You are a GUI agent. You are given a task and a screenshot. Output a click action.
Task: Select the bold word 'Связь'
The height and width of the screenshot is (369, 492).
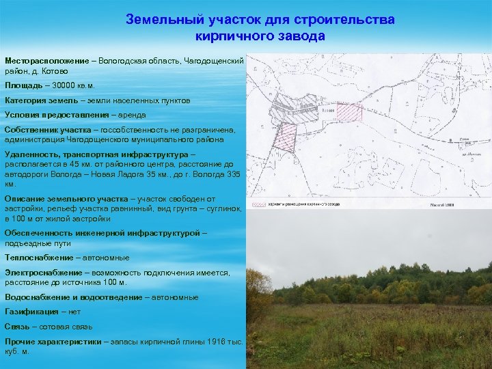click(x=18, y=327)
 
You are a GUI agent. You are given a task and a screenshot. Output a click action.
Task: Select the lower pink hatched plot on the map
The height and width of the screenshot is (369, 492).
click(x=285, y=137)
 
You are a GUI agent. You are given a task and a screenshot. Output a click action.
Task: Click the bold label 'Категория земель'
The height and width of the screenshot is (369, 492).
click(x=42, y=100)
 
